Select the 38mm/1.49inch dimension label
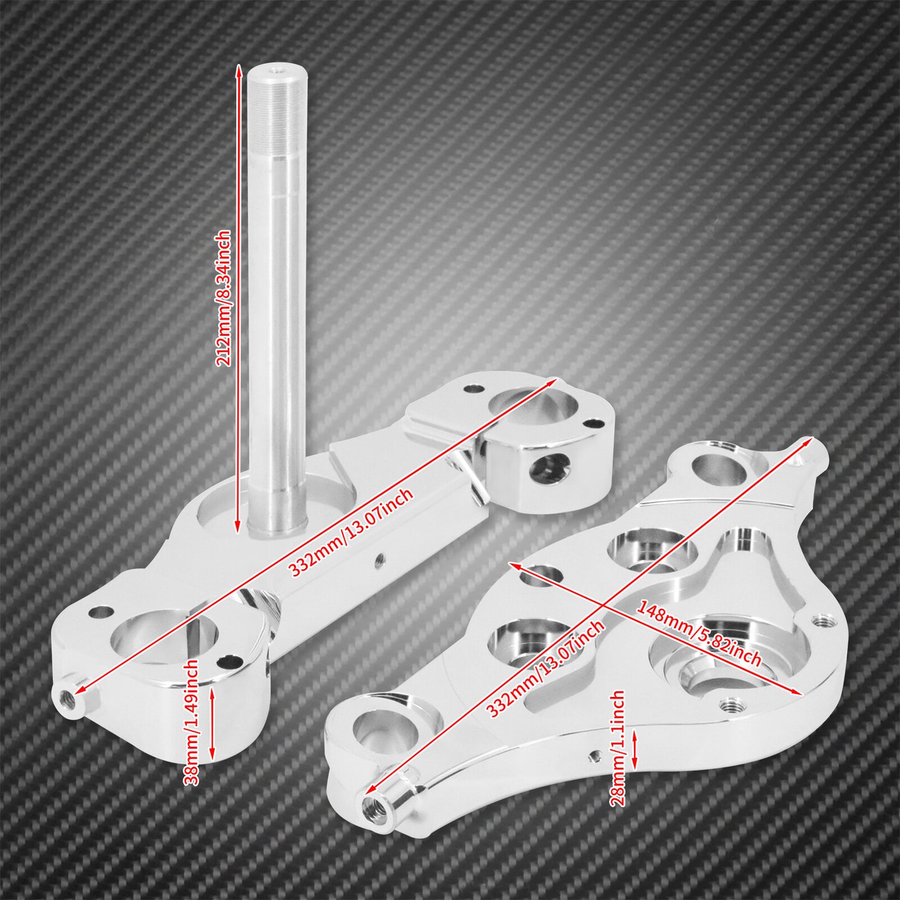pos(191,722)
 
